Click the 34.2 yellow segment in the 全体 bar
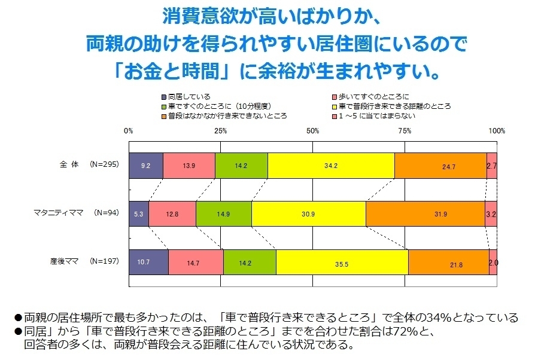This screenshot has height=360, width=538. pyautogui.click(x=331, y=166)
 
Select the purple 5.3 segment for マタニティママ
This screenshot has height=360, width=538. pyautogui.click(x=139, y=214)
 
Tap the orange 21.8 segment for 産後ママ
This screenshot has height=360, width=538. pyautogui.click(x=448, y=263)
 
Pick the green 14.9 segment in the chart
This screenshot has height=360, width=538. pyautogui.click(x=224, y=214)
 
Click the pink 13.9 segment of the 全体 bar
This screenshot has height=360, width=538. pyautogui.click(x=189, y=166)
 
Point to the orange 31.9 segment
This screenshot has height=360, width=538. pyautogui.click(x=425, y=214)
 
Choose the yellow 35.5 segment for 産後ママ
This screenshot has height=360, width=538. pyautogui.click(x=342, y=263)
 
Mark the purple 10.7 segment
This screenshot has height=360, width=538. pyautogui.click(x=148, y=263)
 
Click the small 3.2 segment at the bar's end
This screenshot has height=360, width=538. pyautogui.click(x=491, y=214)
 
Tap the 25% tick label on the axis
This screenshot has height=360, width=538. pyautogui.click(x=221, y=130)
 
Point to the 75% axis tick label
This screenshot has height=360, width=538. pyautogui.click(x=405, y=130)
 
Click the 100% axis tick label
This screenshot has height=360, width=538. pyautogui.click(x=497, y=130)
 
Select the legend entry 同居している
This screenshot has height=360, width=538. pyautogui.click(x=186, y=97)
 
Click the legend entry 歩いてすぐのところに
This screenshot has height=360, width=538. pyautogui.click(x=370, y=97)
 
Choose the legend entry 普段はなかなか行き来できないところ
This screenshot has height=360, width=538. pyautogui.click(x=224, y=116)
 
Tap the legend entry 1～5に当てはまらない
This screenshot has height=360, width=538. pyautogui.click(x=373, y=116)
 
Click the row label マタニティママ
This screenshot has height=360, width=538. pyautogui.click(x=58, y=213)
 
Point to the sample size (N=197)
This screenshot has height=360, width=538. pyautogui.click(x=104, y=261)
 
